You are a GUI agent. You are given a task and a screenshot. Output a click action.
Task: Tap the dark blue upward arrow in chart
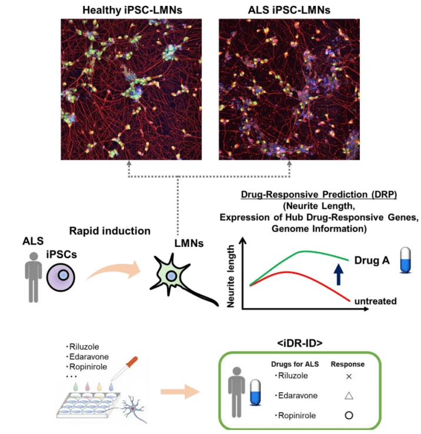pos(338,273)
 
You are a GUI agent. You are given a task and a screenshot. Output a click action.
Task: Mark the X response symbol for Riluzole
pos(348,376)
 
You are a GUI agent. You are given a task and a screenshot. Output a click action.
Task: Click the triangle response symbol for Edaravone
pos(348,395)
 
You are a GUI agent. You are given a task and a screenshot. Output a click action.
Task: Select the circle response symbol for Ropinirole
pos(348,415)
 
